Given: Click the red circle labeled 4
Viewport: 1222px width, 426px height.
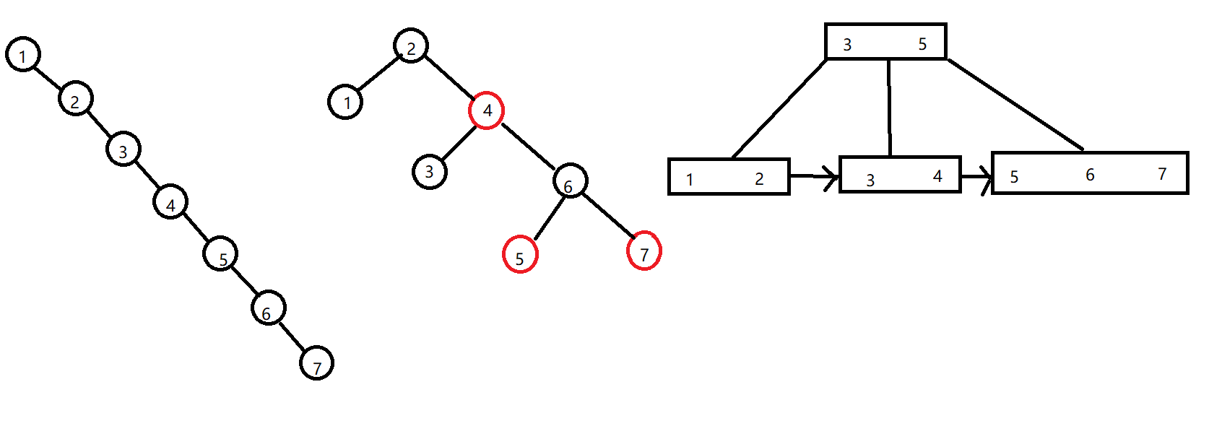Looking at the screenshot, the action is tap(486, 110).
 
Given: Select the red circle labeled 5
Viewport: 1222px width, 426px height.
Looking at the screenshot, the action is tap(520, 254).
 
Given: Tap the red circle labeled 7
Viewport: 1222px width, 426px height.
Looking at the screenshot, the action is tap(643, 251).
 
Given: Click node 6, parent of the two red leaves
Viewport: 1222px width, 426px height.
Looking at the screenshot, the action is tap(570, 181).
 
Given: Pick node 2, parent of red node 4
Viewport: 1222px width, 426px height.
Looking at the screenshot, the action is tap(411, 46).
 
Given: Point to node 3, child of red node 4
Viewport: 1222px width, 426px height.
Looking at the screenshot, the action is tap(430, 172).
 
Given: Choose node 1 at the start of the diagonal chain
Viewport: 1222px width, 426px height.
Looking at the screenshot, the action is tap(23, 55).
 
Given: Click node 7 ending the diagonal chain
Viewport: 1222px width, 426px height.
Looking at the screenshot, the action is tap(316, 362).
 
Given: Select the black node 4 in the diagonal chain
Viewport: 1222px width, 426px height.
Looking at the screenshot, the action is tap(170, 201).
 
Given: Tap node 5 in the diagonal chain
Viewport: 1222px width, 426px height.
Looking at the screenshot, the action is tap(220, 254).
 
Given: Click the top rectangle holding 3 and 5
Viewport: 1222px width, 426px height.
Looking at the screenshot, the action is tap(885, 41).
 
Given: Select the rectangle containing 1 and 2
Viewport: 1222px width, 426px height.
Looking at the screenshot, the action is tap(728, 177).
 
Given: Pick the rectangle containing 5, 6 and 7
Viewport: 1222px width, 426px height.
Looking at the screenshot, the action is tap(1089, 173).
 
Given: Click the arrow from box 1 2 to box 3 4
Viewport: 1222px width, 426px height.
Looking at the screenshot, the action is tap(815, 175).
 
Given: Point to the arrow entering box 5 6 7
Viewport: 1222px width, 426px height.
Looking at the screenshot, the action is tap(977, 175).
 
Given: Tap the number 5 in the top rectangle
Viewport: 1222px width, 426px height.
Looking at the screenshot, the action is tap(922, 44).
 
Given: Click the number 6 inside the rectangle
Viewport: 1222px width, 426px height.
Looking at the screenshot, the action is tap(1090, 175).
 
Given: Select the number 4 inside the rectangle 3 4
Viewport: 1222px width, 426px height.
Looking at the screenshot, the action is tap(937, 175).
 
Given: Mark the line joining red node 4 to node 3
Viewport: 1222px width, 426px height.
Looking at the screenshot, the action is tap(458, 143).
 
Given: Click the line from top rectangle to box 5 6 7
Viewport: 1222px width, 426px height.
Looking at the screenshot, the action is tap(1015, 104).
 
